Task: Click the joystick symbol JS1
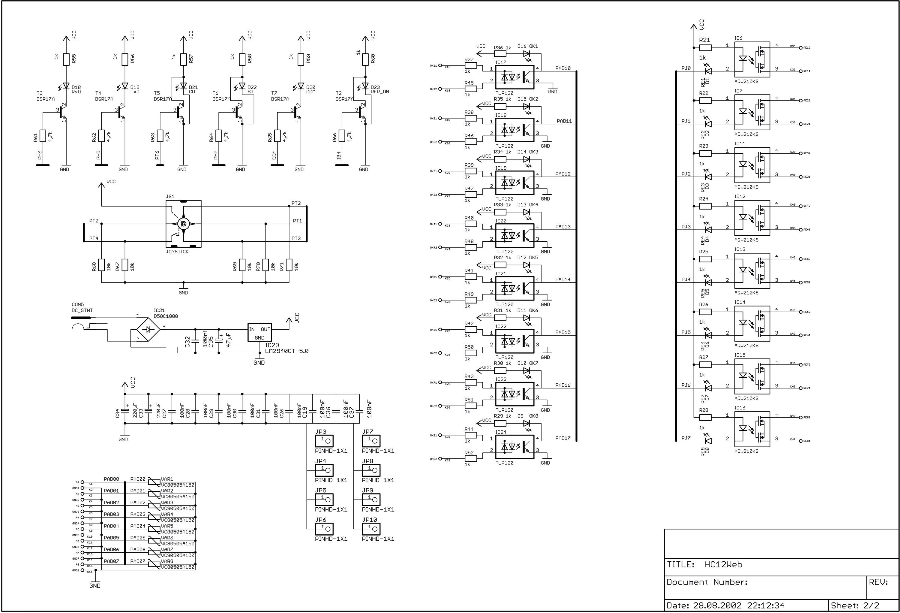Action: point(183,224)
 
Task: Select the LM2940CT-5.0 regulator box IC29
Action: point(259,332)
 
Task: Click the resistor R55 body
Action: point(66,59)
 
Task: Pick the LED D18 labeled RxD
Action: point(66,86)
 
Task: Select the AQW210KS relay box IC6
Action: point(752,59)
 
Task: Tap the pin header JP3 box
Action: point(324,441)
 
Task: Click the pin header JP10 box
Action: point(371,529)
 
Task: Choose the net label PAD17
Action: point(563,438)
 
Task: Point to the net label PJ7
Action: point(686,438)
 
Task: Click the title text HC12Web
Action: point(723,565)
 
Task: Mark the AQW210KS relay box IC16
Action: point(752,429)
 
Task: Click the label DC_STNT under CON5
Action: point(82,310)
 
